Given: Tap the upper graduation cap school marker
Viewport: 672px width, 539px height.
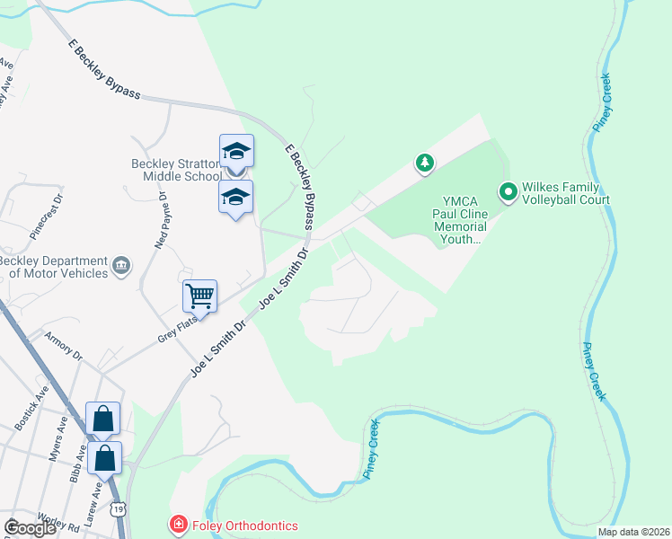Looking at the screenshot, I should [x=236, y=150].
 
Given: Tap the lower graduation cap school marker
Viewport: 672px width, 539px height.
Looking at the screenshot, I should [x=236, y=197].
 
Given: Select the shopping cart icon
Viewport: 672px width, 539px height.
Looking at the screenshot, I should [x=199, y=295].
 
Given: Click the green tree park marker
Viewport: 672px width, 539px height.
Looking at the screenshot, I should [x=424, y=163].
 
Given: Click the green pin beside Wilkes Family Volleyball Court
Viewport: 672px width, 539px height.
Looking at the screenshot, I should [x=508, y=191].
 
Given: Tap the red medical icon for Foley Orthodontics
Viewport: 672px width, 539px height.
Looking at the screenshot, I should [x=178, y=525].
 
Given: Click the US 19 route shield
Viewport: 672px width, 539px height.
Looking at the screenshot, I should [x=119, y=509].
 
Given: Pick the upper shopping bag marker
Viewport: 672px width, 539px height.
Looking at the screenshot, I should [x=102, y=418].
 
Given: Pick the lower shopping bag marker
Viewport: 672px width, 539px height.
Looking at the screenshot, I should [x=105, y=457].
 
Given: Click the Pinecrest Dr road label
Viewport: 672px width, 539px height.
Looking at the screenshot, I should [x=47, y=216].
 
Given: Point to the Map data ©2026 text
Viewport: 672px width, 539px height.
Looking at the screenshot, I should [x=632, y=532].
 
